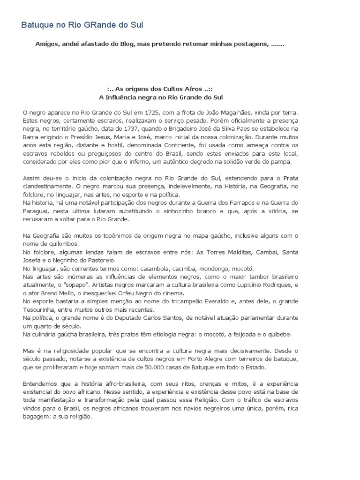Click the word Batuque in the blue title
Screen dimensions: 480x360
[x=37, y=25]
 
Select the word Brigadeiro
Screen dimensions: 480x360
[x=175, y=128]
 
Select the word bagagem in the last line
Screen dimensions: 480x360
[x=37, y=416]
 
